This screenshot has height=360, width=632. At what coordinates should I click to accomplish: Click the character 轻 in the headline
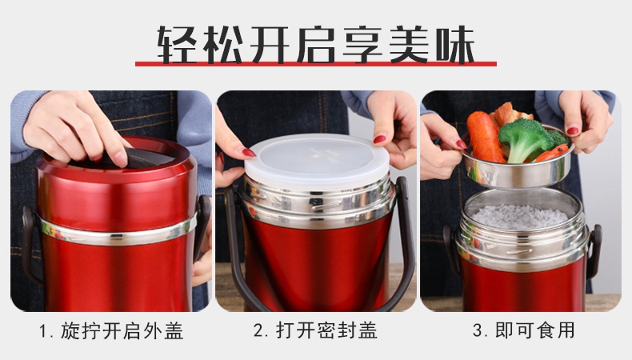177,44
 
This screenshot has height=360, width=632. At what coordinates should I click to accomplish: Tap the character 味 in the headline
455,44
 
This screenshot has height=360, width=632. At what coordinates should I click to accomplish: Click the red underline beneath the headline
315,64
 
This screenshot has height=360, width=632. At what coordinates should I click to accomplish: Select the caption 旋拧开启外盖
122,331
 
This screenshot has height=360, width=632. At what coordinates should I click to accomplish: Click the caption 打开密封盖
326,330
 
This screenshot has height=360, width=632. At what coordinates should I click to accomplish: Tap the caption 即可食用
534,330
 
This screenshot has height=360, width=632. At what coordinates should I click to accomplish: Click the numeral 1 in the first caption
43,332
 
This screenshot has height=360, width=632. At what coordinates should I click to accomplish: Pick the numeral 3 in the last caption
478,330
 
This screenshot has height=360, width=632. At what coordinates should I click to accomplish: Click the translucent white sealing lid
317,159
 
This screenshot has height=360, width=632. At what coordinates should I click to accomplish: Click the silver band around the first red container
118,231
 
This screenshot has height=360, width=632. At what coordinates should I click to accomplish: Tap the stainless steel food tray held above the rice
518,167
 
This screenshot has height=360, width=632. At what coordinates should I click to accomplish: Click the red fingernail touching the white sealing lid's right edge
379,139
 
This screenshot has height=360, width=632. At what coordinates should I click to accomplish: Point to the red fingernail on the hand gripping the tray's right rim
573,131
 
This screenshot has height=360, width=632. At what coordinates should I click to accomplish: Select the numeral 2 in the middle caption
258,330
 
